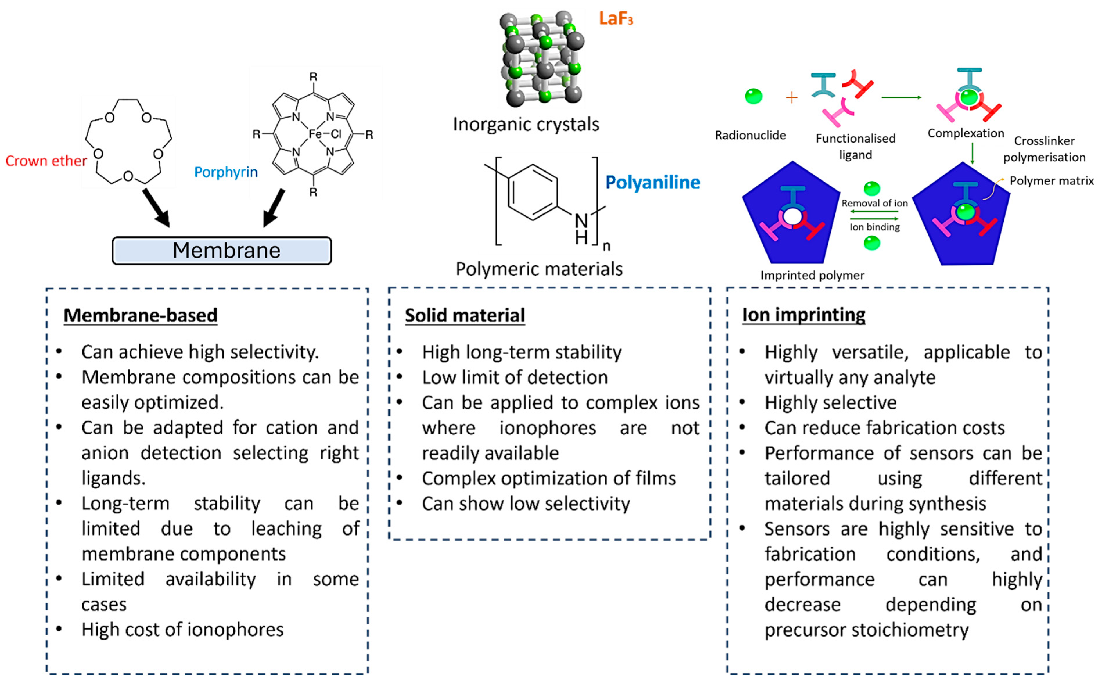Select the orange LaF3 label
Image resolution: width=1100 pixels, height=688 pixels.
coord(616,19)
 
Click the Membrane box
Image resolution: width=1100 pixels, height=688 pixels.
coord(222,250)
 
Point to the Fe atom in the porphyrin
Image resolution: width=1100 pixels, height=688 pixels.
coord(315,134)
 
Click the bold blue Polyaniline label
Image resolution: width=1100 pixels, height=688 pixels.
coord(652,182)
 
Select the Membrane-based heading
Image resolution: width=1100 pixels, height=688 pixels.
coord(140,315)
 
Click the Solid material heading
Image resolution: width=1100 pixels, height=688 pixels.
coord(465,315)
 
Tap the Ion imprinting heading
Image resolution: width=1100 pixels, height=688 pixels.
coord(804,315)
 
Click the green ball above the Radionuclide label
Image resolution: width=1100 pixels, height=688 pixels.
coord(753,96)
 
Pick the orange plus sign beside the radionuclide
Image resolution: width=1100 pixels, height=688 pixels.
coord(792,97)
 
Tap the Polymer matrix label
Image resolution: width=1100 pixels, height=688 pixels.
coord(1051,181)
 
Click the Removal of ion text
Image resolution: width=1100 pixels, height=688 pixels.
coord(874,203)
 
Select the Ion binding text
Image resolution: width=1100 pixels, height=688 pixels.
coord(874,227)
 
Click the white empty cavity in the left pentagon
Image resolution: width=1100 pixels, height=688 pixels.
coord(792,217)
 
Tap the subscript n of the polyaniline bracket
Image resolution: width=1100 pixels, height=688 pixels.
coord(606,247)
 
